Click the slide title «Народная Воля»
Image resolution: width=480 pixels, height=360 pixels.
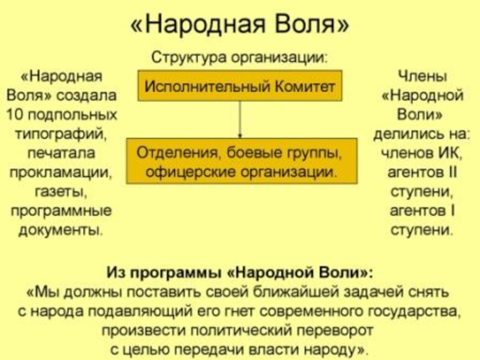pos(239,26)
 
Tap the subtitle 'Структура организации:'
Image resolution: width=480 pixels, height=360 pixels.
pos(239,59)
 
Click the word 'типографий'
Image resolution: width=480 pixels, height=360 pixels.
pos(62,133)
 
